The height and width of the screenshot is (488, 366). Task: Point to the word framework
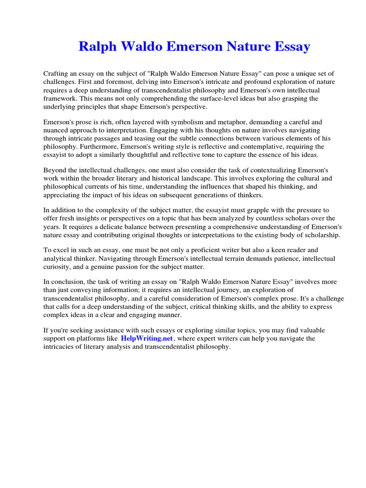pyautogui.click(x=60, y=98)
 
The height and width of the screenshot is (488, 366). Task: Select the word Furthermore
pyautogui.click(x=103, y=147)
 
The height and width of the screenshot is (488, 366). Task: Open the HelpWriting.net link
pyautogui.click(x=147, y=338)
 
